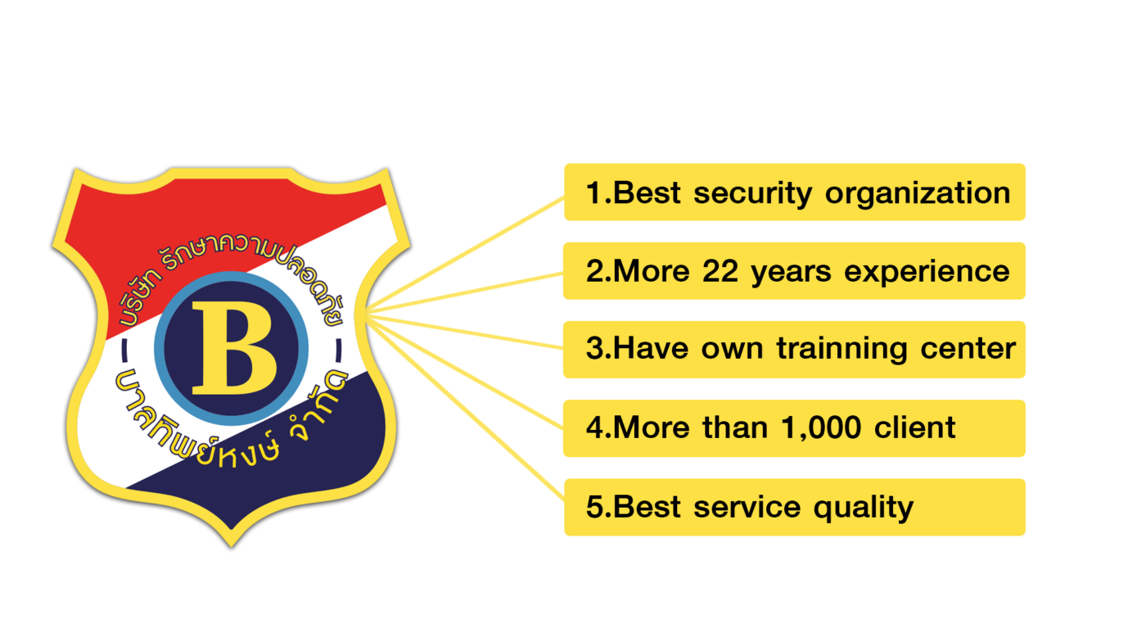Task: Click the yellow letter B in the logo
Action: (x=234, y=348)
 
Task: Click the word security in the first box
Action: (x=752, y=194)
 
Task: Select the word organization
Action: (x=918, y=194)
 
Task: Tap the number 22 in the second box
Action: (x=720, y=271)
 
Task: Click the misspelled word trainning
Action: (x=842, y=349)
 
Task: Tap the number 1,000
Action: (x=821, y=427)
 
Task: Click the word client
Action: (x=915, y=427)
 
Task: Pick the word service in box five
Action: (x=747, y=507)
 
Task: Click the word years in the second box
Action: (x=791, y=274)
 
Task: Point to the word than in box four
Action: (x=735, y=427)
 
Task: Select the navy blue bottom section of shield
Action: (x=286, y=461)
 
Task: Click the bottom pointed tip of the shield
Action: (x=231, y=547)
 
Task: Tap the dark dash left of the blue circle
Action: (x=124, y=350)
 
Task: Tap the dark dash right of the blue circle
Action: (x=339, y=350)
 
